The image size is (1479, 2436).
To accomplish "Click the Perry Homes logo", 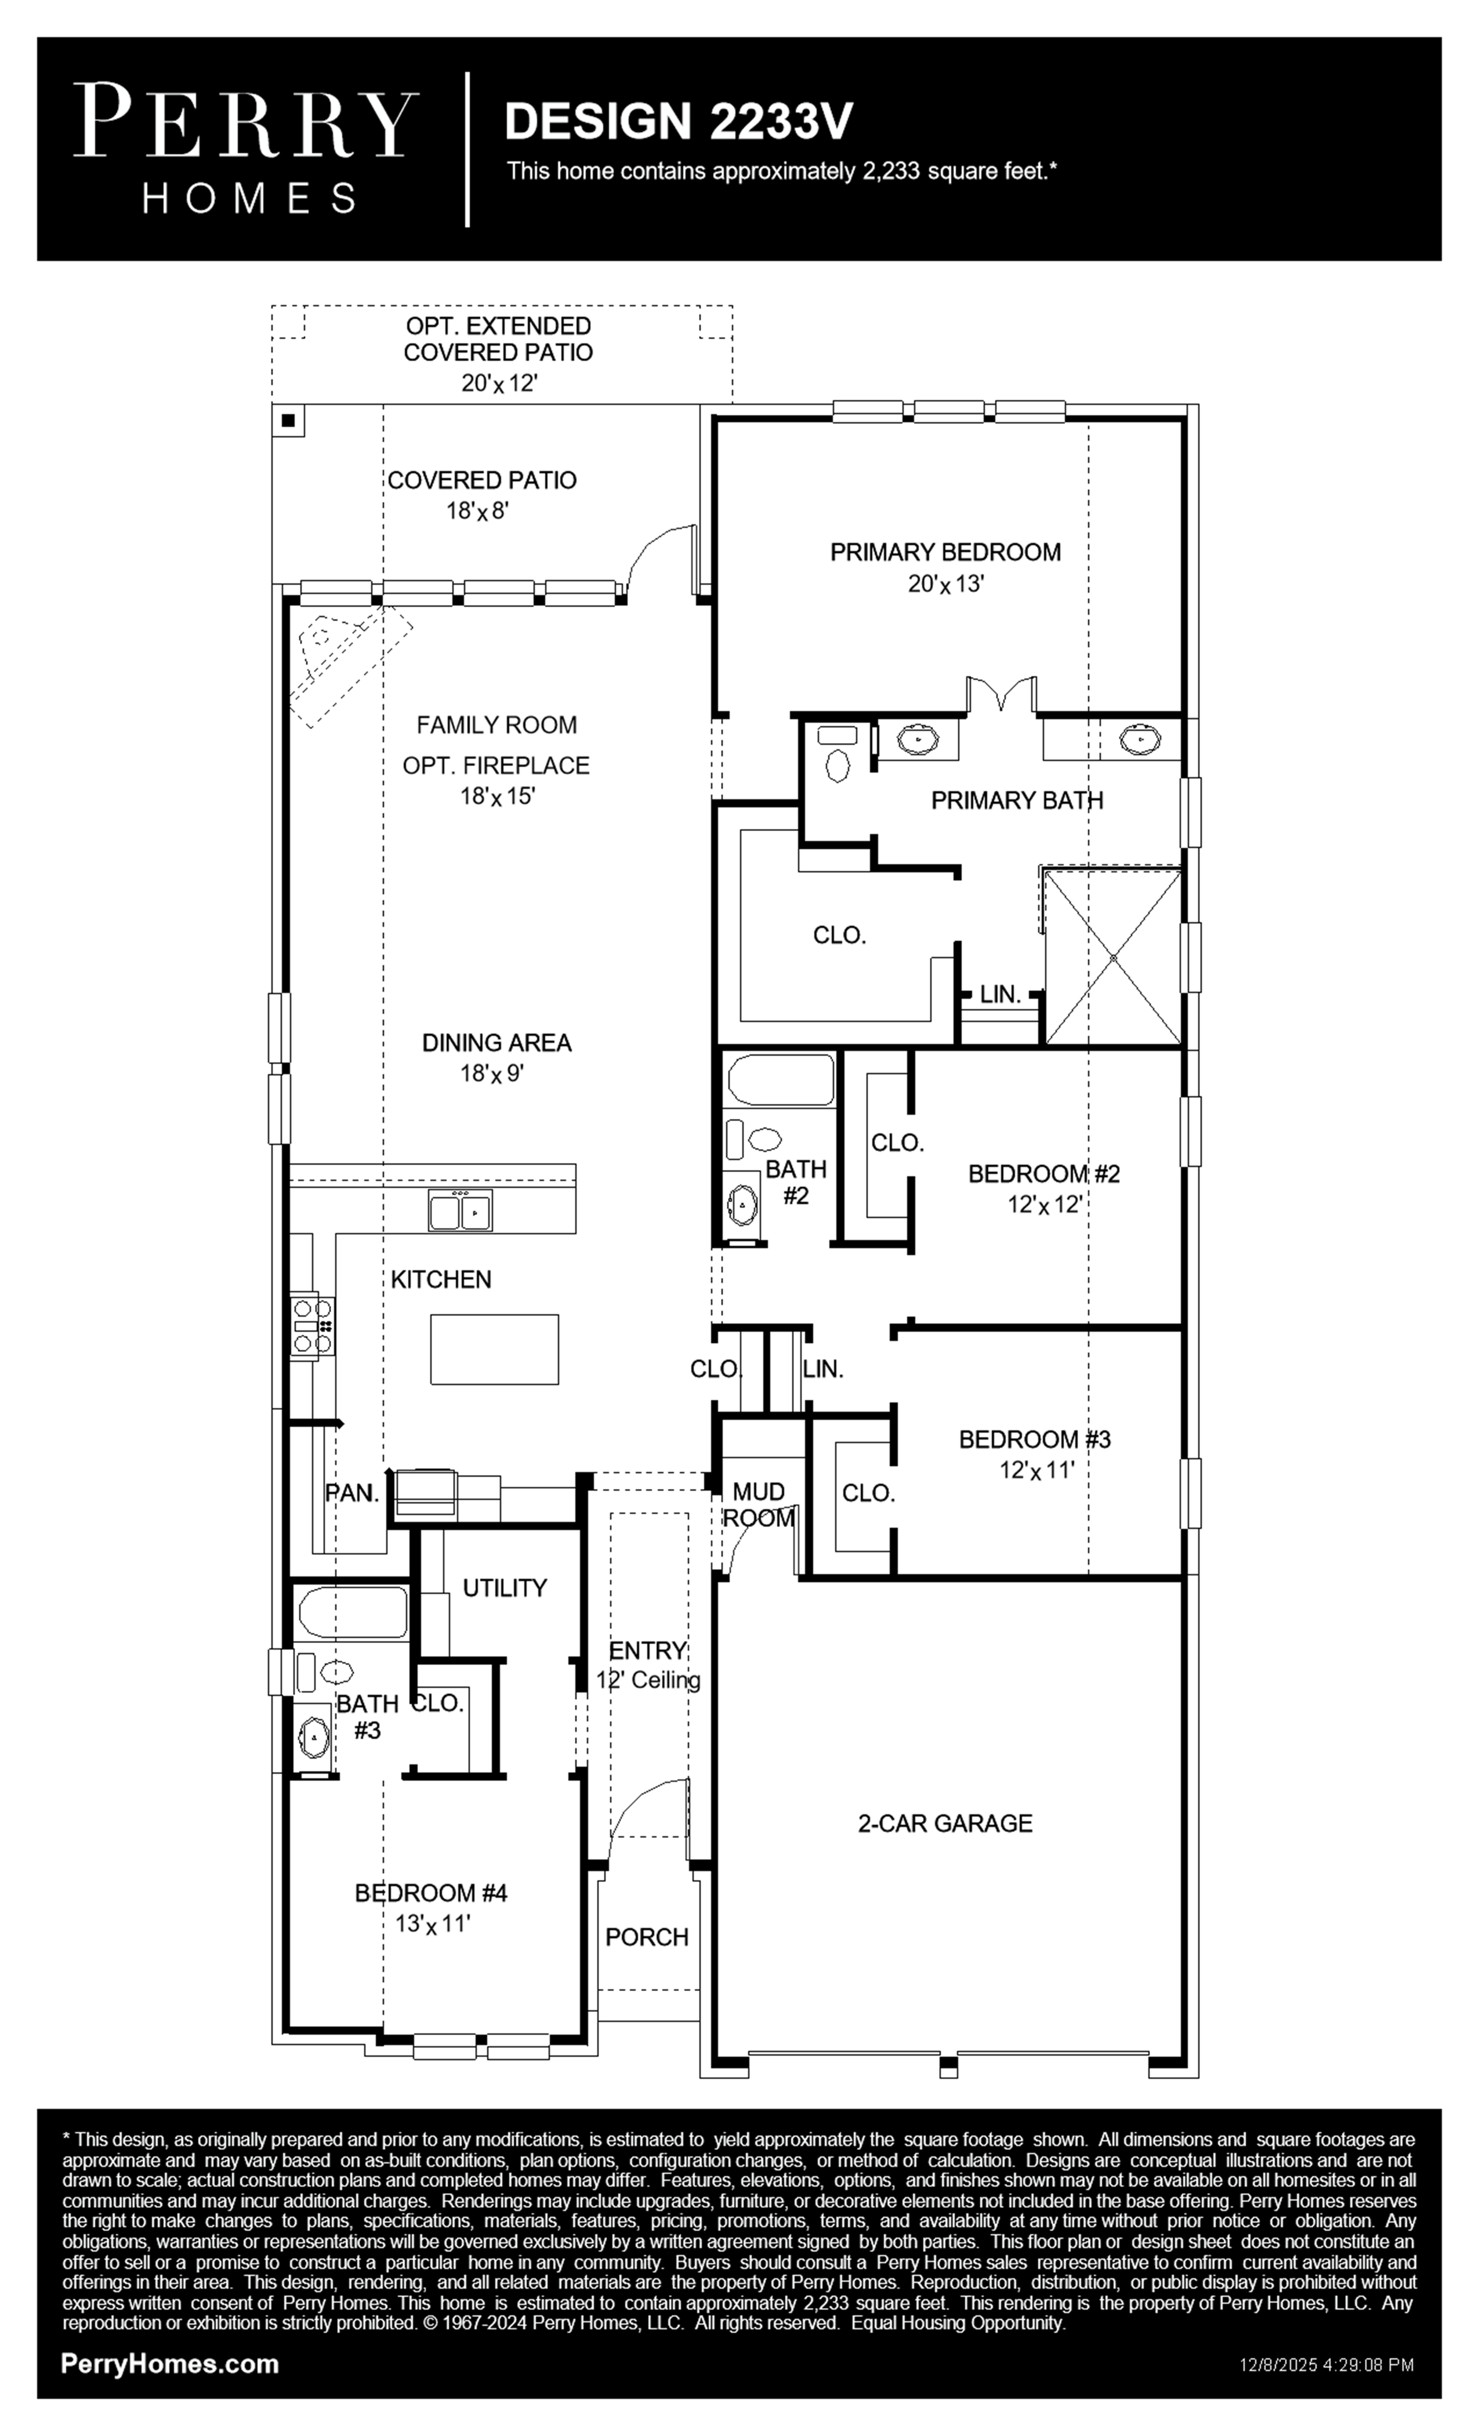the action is click(246, 148).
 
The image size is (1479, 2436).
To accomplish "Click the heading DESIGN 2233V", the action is click(678, 121).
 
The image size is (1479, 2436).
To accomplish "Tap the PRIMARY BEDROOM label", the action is click(945, 552).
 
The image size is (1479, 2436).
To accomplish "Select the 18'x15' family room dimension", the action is click(497, 796).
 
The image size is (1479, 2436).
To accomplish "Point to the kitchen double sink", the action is click(461, 1210).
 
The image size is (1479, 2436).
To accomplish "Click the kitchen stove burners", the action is click(313, 1325).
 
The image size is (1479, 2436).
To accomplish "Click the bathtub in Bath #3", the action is click(352, 1612).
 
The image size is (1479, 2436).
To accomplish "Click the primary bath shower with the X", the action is click(1113, 957).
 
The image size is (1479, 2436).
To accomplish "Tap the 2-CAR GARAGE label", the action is click(945, 1823).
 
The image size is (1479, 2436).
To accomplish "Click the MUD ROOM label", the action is click(758, 1504).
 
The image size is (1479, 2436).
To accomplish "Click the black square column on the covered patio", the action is click(289, 420).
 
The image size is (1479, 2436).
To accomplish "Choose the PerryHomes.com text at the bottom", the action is click(170, 2364).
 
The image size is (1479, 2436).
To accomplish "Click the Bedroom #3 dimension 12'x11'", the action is click(1036, 1470).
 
